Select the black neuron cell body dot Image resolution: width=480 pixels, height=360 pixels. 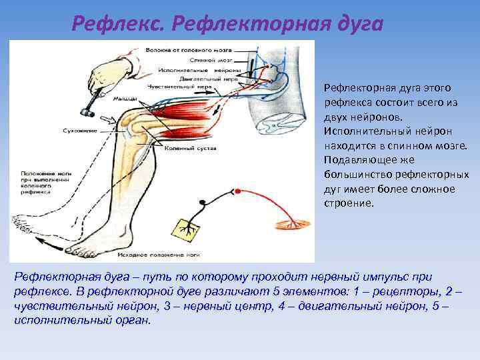tap(201, 201)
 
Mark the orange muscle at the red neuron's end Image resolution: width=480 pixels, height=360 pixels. tap(297, 219)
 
